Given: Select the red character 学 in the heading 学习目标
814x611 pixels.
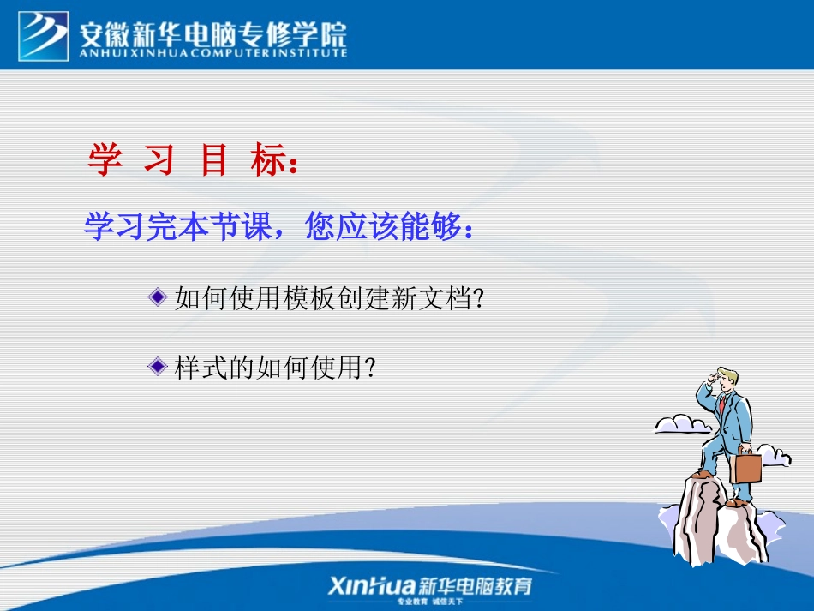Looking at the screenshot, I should pos(105,160).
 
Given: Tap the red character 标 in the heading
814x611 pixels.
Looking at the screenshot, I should pos(266,160).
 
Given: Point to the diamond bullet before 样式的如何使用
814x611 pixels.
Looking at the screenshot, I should pos(157,367).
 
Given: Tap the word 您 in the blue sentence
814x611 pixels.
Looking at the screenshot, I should pos(321,228).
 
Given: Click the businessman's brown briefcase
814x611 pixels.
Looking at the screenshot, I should pos(745,467).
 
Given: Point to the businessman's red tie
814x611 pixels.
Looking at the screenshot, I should pos(721,403).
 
